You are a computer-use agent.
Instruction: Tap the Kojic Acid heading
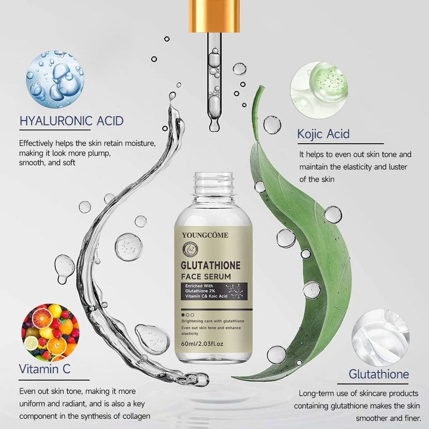(323, 134)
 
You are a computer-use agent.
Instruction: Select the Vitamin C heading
(45, 369)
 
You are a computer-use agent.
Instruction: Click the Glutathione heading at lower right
(379, 374)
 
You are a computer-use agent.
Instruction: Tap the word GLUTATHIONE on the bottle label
(213, 265)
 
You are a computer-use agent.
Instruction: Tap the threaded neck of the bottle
(213, 183)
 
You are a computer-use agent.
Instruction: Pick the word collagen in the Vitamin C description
(131, 416)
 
